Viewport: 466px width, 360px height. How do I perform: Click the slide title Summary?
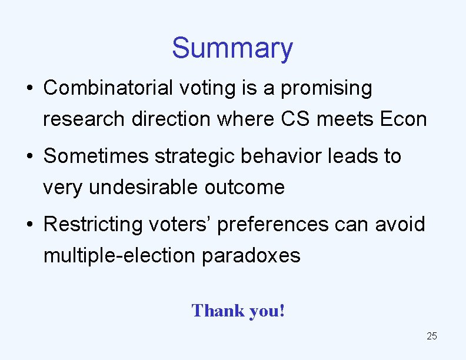(232, 48)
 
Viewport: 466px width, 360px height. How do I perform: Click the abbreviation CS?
(296, 119)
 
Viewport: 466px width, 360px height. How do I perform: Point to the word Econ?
(403, 119)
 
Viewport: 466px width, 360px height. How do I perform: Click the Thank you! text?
(238, 310)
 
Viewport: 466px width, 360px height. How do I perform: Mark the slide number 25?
(431, 336)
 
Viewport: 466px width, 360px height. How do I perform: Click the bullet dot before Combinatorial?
(29, 89)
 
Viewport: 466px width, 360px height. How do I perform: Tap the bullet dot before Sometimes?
(29, 157)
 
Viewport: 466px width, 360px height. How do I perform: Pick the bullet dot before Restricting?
(29, 225)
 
